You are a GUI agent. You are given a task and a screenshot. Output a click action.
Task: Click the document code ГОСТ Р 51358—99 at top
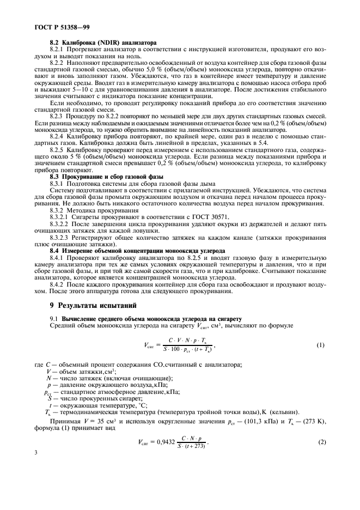point(55,26)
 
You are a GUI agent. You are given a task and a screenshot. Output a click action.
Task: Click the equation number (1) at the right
point(320,345)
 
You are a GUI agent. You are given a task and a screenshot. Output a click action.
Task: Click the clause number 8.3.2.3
point(60,238)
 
